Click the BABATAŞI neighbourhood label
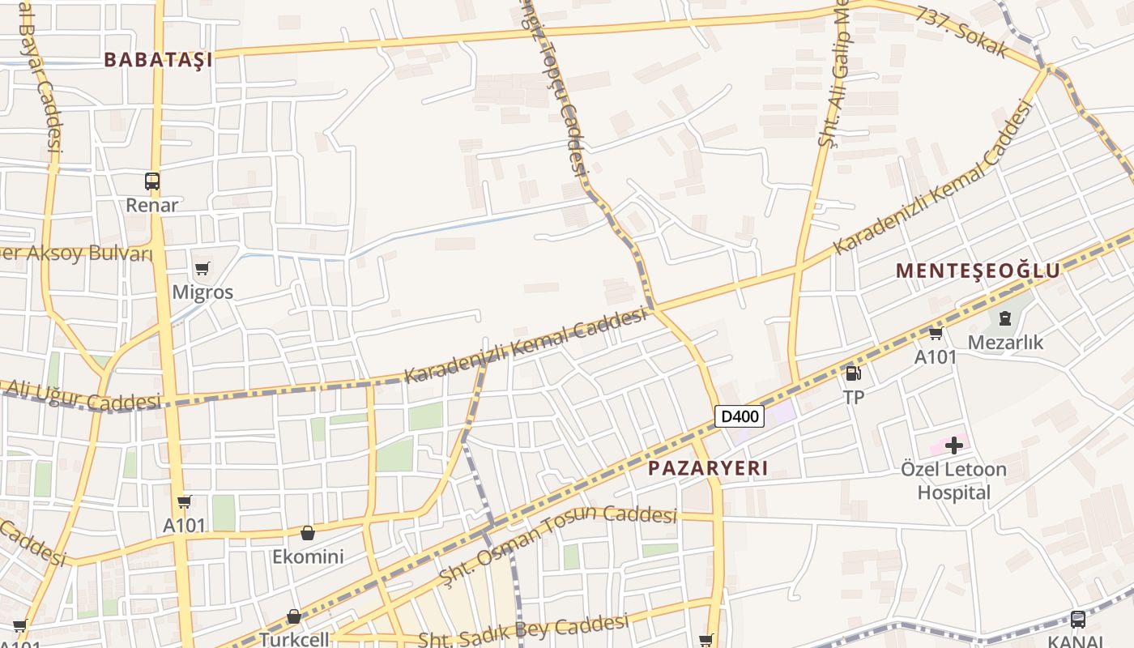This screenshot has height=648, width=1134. (x=159, y=59)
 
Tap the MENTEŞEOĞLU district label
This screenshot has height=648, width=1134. (x=978, y=271)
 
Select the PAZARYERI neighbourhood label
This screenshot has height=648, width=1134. (x=708, y=468)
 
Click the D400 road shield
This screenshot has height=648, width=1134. (x=740, y=416)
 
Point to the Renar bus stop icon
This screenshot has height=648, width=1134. (x=152, y=181)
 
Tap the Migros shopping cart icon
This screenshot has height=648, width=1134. (x=202, y=268)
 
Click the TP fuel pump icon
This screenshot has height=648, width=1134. (x=853, y=373)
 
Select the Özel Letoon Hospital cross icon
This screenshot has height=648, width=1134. (x=954, y=445)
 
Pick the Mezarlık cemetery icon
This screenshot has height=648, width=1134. (x=1005, y=318)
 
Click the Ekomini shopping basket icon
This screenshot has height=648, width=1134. (x=308, y=533)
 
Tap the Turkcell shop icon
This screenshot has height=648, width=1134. (x=294, y=617)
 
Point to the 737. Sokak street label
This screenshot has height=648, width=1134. (x=963, y=32)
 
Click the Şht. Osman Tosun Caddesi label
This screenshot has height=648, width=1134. (x=558, y=544)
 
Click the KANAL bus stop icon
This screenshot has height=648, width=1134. (x=1077, y=619)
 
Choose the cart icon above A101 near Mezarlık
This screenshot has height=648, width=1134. (x=936, y=333)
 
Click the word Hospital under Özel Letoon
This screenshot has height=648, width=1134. (x=953, y=492)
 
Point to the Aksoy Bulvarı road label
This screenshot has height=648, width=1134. (x=77, y=254)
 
